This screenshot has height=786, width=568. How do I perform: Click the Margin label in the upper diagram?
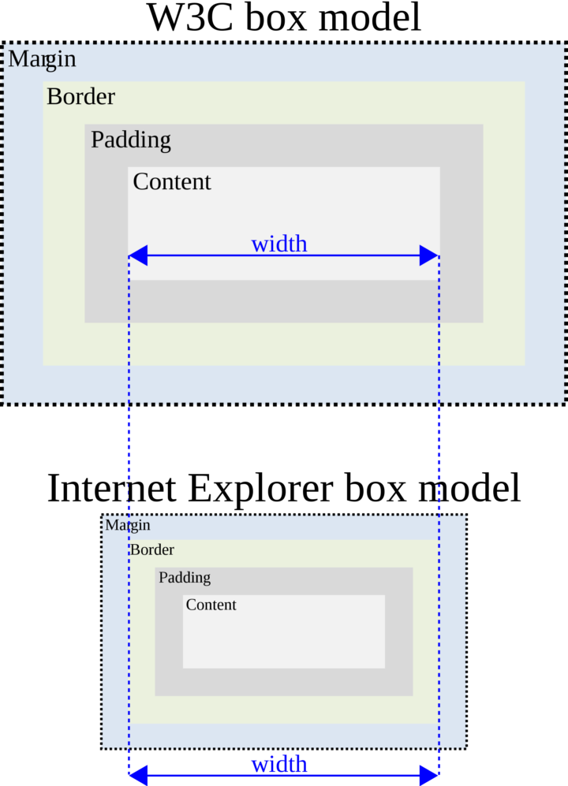(x=42, y=59)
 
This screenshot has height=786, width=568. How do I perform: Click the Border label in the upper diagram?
(x=80, y=97)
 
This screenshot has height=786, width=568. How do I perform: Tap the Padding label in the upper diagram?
(x=130, y=140)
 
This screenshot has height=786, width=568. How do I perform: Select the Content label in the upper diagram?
(x=172, y=182)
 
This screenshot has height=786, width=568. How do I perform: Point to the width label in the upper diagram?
(x=279, y=244)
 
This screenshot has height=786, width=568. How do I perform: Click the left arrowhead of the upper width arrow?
(x=138, y=255)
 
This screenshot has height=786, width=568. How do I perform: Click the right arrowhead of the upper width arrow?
(x=428, y=255)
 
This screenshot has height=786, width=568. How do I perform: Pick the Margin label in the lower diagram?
(x=127, y=525)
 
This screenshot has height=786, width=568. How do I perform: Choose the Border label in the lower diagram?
(x=152, y=549)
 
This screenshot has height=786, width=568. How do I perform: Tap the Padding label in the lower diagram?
(x=185, y=578)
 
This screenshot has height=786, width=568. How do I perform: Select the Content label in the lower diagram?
(x=211, y=605)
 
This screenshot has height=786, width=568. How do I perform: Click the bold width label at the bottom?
(x=279, y=764)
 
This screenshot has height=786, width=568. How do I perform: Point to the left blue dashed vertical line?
(x=129, y=457)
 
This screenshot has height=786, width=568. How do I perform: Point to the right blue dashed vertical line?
(x=439, y=457)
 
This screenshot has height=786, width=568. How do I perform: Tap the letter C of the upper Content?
(x=141, y=182)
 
